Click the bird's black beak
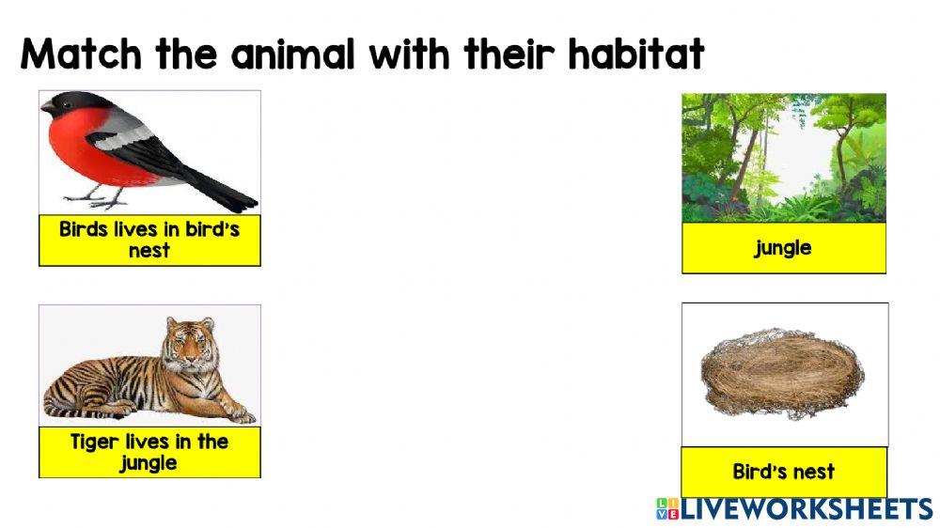(x=47, y=109)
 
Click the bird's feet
(x=99, y=199)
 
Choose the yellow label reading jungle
(x=783, y=248)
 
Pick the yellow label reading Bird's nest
(x=783, y=472)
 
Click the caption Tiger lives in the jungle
(x=149, y=452)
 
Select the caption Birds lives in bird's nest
(x=149, y=240)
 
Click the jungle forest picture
(x=783, y=157)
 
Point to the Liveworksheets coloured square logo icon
(x=666, y=509)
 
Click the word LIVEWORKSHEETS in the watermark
(x=807, y=509)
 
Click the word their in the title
(x=508, y=56)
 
